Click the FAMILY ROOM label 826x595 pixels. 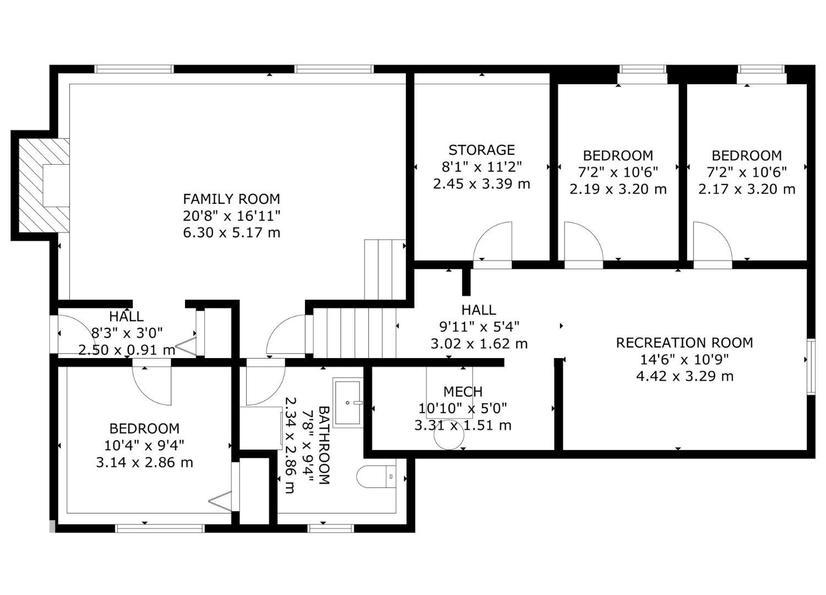click(x=231, y=199)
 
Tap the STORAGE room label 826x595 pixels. click(x=481, y=150)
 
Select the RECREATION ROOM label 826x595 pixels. click(x=684, y=343)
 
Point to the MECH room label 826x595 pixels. click(x=463, y=392)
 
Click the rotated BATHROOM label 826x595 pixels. click(x=324, y=445)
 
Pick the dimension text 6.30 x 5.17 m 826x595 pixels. click(x=231, y=232)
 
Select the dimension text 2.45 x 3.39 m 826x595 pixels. click(x=481, y=184)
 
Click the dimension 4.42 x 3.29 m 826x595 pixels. click(x=684, y=376)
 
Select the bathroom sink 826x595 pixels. click(x=348, y=403)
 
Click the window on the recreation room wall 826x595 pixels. click(x=811, y=367)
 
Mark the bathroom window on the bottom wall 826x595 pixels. click(x=330, y=528)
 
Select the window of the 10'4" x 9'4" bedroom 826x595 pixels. click(x=160, y=528)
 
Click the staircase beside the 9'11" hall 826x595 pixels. click(x=355, y=333)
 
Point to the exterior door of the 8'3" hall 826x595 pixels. click(x=54, y=334)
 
